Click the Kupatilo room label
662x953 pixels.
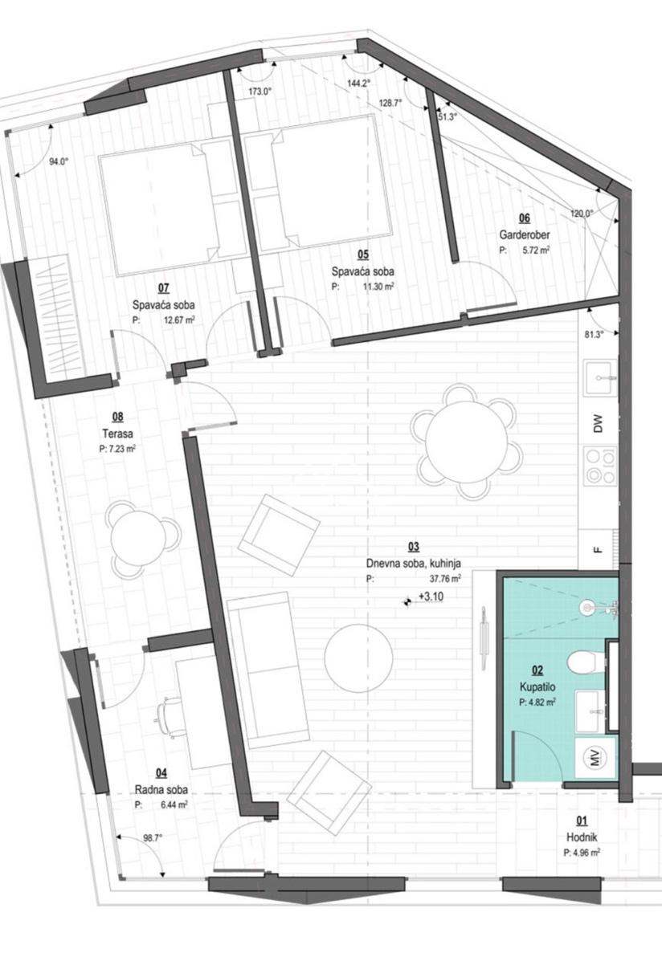click(537, 686)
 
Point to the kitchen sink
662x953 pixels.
click(600, 377)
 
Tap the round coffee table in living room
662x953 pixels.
click(359, 658)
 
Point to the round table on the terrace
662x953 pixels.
click(144, 539)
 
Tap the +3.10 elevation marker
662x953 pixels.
click(425, 597)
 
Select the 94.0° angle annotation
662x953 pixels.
click(59, 162)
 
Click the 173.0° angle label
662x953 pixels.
click(259, 92)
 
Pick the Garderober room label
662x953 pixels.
click(525, 234)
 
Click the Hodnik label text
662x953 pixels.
click(582, 837)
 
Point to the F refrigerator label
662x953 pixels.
click(598, 552)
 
